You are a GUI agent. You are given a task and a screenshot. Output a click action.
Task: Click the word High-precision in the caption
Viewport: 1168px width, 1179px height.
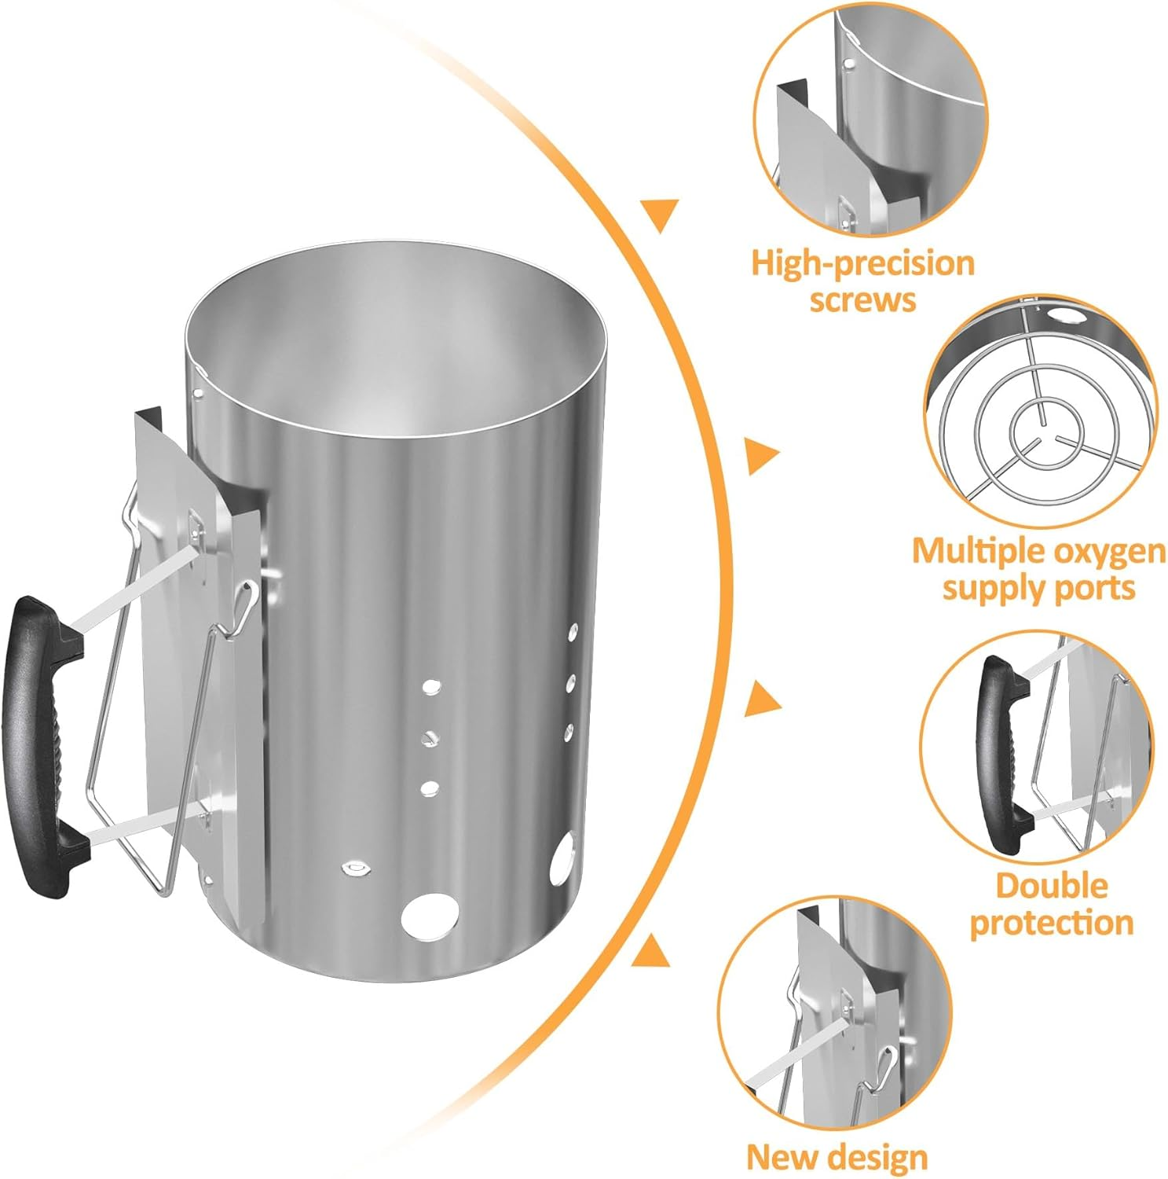[862, 264]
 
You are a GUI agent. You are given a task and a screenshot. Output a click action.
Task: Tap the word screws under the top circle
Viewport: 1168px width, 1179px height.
[862, 300]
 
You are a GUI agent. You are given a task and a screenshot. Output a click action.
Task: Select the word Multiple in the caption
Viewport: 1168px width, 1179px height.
[976, 553]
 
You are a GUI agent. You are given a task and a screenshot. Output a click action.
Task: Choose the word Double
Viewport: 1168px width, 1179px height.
[1051, 886]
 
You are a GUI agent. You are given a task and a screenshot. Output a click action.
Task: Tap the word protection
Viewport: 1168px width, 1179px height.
[1051, 923]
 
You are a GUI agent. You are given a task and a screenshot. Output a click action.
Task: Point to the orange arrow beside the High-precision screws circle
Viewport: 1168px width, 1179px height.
[660, 215]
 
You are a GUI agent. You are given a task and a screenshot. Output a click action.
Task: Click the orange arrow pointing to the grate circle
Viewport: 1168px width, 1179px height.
[761, 456]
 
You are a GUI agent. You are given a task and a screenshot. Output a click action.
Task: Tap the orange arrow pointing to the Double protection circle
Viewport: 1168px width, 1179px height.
[762, 700]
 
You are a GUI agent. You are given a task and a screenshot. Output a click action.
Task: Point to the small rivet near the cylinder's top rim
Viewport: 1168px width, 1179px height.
[198, 390]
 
